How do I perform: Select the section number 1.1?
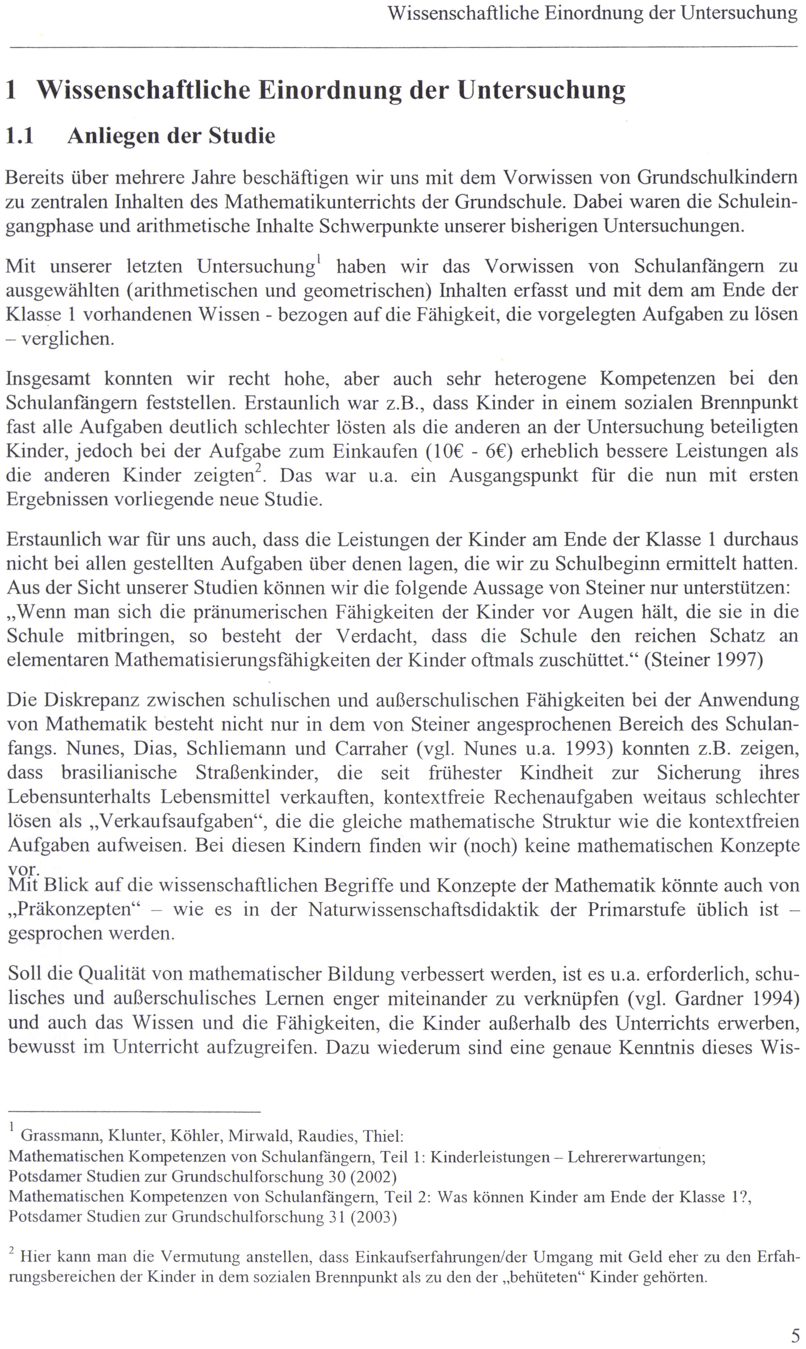(20, 136)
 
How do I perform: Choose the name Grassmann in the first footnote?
(60, 1136)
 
